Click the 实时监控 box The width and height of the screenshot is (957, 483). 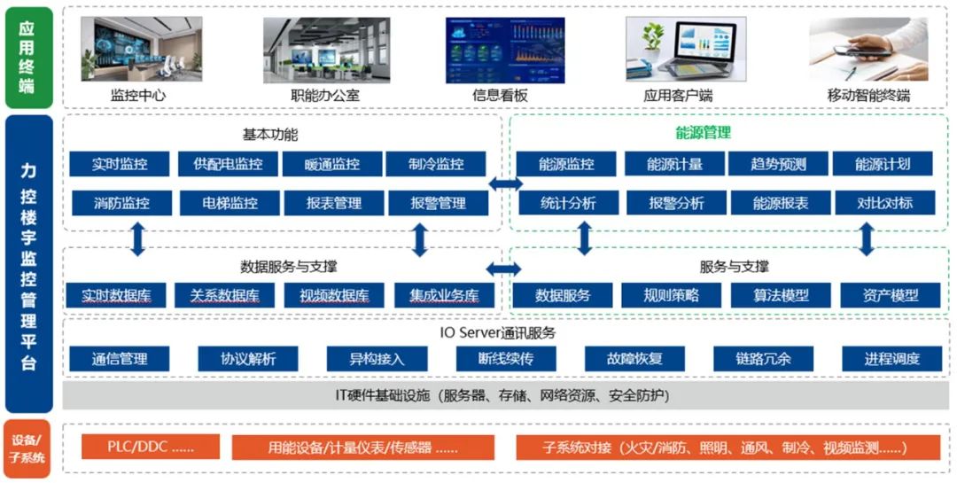click(120, 164)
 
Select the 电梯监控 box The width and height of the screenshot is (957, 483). click(230, 203)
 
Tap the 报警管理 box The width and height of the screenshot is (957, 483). click(438, 203)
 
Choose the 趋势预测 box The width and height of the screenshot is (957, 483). click(778, 164)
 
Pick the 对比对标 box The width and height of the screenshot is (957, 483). click(884, 203)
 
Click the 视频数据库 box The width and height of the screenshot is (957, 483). click(334, 295)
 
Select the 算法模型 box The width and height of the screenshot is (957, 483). click(781, 295)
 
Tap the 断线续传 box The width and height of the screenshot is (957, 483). click(506, 359)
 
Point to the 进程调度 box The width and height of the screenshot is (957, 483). click(891, 359)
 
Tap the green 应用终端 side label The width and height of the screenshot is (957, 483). click(27, 57)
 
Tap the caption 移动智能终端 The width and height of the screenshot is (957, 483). click(868, 96)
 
